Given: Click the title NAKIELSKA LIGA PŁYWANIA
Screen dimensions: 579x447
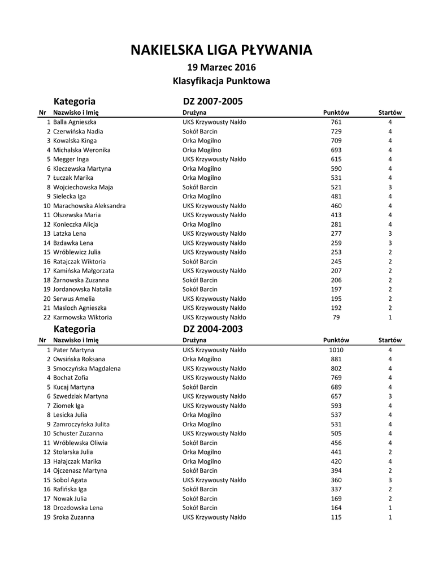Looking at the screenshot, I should pos(221,50).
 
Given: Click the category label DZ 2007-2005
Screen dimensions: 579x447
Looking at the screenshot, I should pos(212,102).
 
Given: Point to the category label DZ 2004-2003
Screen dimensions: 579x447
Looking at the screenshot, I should pos(212,329).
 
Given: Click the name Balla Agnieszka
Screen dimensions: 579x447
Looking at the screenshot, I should pos(75,122).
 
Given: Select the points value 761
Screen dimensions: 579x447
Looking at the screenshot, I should pos(336,122).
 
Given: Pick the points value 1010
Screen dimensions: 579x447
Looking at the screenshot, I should pos(336,350).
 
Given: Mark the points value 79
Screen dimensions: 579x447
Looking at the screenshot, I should pos(336,317).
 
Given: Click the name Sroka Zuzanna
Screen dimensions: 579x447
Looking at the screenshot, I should pos(73,517).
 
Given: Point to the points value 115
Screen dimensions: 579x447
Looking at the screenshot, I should pos(336,517).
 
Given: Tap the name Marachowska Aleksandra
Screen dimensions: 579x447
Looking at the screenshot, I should pos(89,206).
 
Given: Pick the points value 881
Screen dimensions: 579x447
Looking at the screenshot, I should pos(336,359).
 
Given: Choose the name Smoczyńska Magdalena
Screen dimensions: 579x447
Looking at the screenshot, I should pos(87,369).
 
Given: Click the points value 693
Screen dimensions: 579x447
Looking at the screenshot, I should pos(336,150).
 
